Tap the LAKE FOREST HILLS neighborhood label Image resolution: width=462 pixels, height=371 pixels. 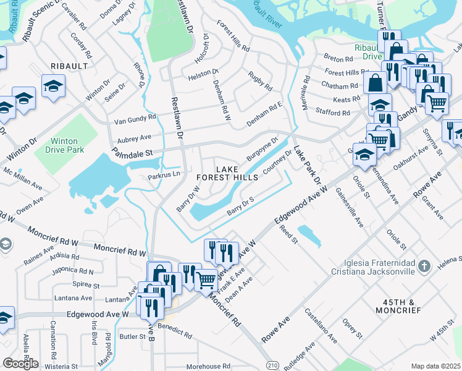click(227, 173)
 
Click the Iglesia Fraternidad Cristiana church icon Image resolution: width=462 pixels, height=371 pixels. click(424, 267)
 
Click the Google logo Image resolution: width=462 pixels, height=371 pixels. click(20, 364)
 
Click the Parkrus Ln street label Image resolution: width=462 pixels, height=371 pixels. click(163, 176)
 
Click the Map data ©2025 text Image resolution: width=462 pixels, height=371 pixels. click(436, 366)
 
